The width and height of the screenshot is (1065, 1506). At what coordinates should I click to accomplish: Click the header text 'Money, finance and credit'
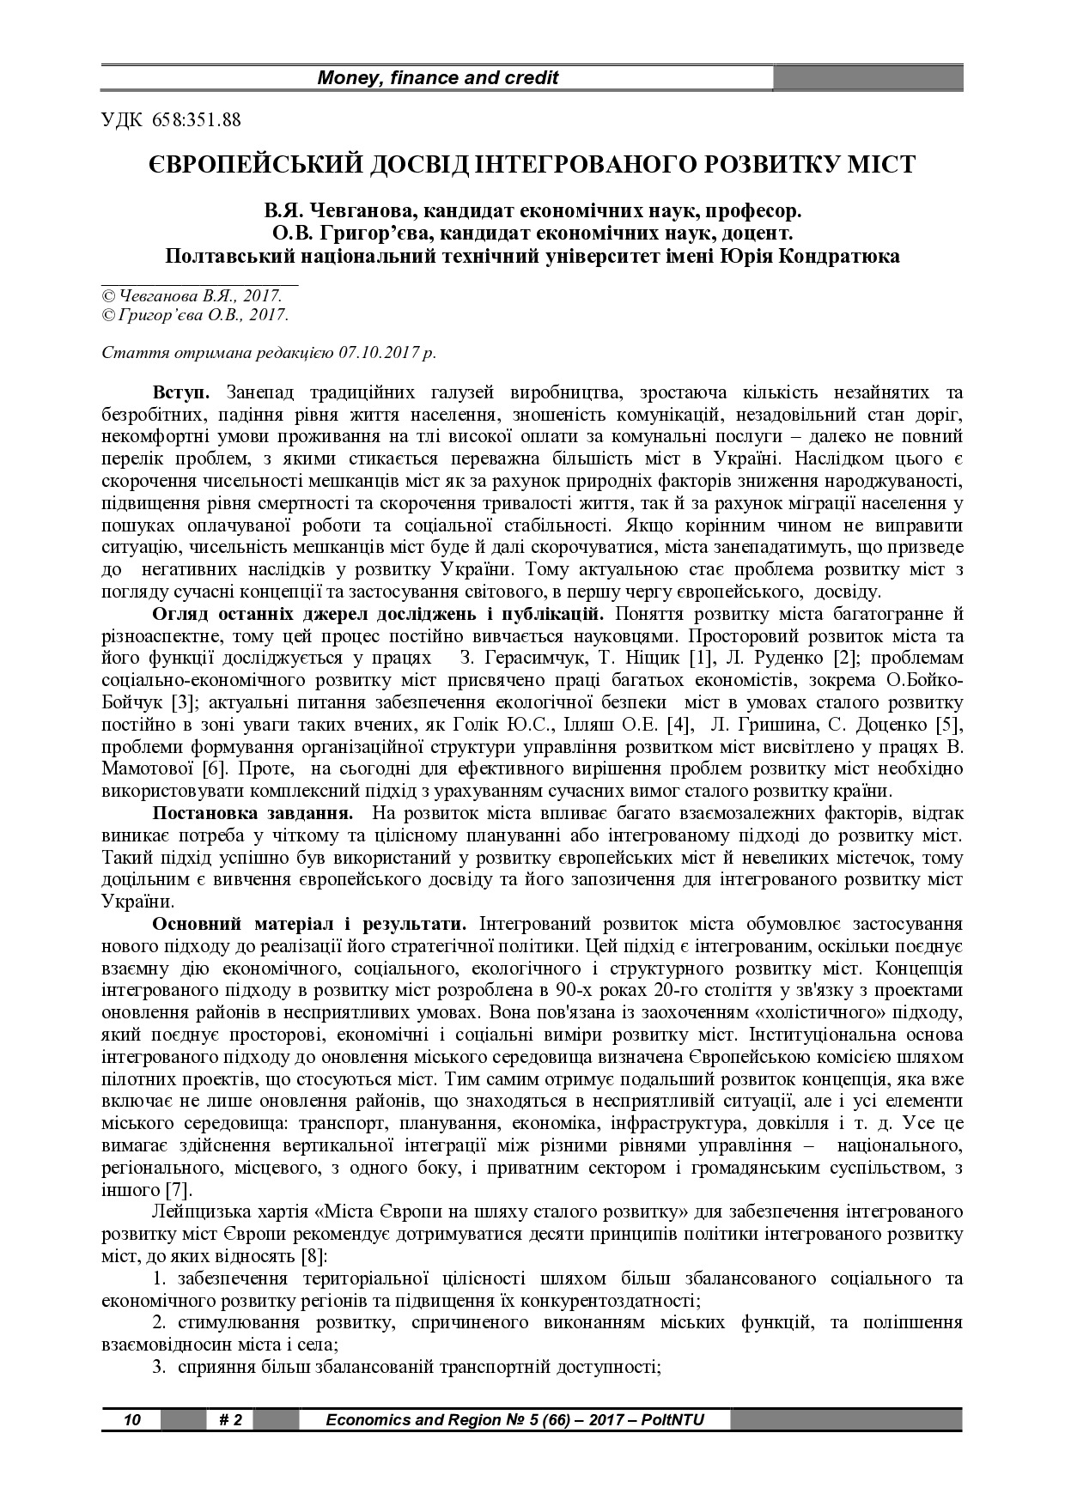(x=438, y=78)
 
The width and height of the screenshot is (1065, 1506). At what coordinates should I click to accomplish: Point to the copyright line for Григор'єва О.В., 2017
(x=195, y=314)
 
